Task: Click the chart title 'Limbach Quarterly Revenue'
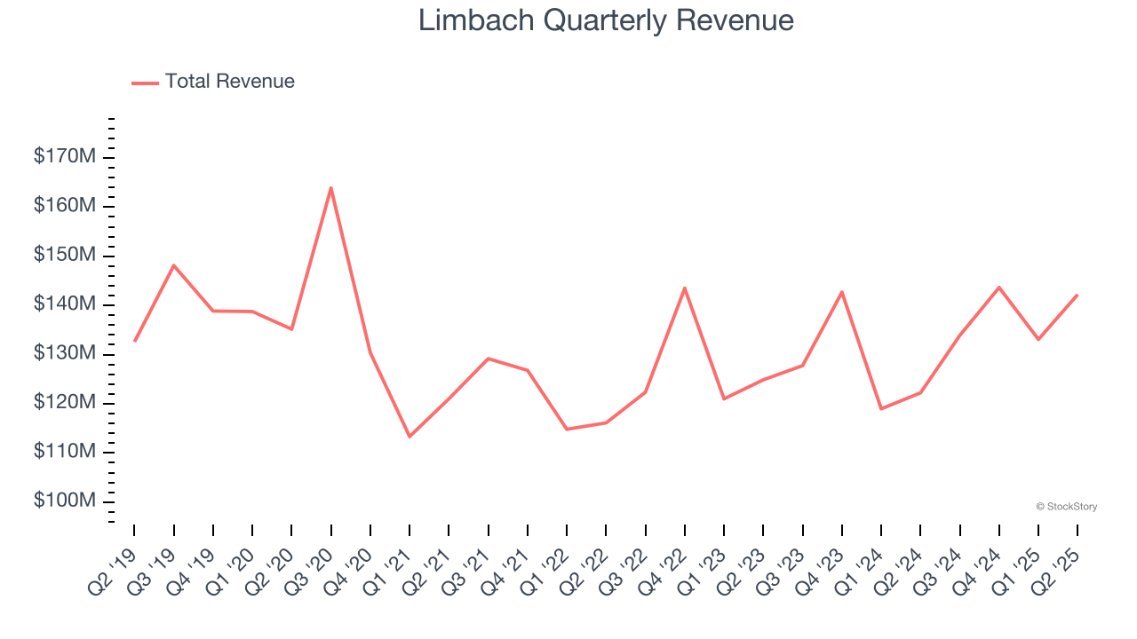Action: tap(606, 20)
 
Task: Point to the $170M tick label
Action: tap(64, 157)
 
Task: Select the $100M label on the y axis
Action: tap(64, 501)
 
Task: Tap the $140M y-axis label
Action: tap(64, 304)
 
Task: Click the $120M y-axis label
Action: tap(64, 403)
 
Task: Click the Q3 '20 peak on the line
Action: tap(330, 188)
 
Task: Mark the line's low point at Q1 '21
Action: tap(409, 437)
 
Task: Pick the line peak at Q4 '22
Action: tap(685, 288)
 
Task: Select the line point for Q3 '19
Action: tap(174, 265)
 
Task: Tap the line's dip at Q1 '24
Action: tap(881, 408)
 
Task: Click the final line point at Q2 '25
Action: tap(1077, 295)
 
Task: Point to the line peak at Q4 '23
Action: tap(841, 292)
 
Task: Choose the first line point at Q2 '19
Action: tap(135, 341)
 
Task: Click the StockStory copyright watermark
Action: tap(1067, 507)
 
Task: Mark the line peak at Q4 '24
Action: tap(998, 288)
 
